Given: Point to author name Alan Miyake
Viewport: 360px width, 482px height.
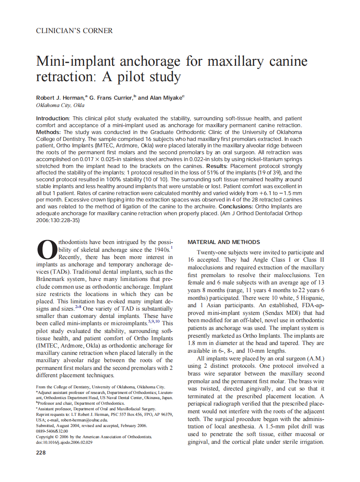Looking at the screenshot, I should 166,98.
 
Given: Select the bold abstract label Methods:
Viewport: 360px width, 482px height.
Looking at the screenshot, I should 48,132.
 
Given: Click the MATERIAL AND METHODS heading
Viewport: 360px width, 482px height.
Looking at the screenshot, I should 224,242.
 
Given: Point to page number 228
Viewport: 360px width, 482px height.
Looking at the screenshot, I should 42,453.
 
